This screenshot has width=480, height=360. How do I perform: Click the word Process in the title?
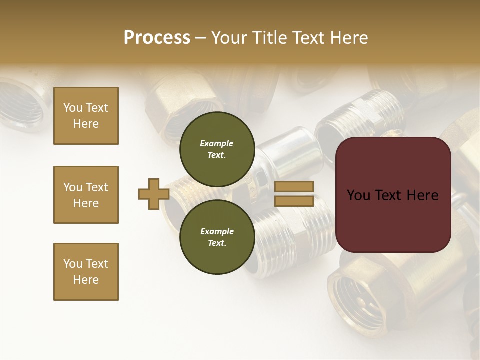click(x=157, y=38)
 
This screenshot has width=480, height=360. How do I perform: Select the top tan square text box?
click(x=86, y=116)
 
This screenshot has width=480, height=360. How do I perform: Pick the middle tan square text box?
click(x=86, y=195)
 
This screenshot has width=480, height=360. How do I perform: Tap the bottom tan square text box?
click(x=86, y=272)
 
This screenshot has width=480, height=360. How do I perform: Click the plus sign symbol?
click(x=153, y=194)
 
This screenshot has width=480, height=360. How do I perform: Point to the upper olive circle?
click(x=217, y=146)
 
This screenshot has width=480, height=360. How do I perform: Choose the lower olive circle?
click(x=217, y=237)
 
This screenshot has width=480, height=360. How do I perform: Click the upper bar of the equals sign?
click(x=294, y=186)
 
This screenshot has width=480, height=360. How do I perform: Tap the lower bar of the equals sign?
click(x=294, y=201)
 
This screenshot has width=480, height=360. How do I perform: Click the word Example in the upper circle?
click(x=217, y=143)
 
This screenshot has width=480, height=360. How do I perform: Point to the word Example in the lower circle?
click(x=217, y=231)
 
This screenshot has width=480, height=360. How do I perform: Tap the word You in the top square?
click(x=72, y=108)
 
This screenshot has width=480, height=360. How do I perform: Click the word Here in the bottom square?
click(x=86, y=280)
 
